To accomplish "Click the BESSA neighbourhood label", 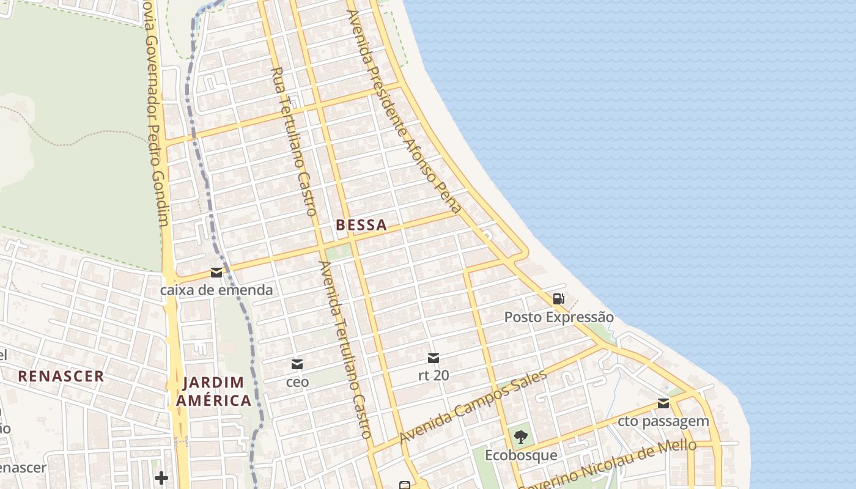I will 361,225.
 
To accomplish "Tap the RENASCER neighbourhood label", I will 61,376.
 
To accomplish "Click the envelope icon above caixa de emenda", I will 216,273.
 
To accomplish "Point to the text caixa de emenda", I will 216,290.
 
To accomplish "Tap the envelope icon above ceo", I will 297,364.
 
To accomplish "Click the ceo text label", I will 297,382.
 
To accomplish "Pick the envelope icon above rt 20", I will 434,358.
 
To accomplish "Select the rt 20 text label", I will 434,375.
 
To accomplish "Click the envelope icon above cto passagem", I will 663,403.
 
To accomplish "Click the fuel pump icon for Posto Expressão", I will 558,300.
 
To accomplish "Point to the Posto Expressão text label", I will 558,317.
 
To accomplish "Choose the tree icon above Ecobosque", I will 521,437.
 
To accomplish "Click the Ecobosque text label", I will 521,455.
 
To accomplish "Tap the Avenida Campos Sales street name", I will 473,406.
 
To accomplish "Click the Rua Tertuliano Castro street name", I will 293,141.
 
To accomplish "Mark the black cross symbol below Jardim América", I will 161,477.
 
